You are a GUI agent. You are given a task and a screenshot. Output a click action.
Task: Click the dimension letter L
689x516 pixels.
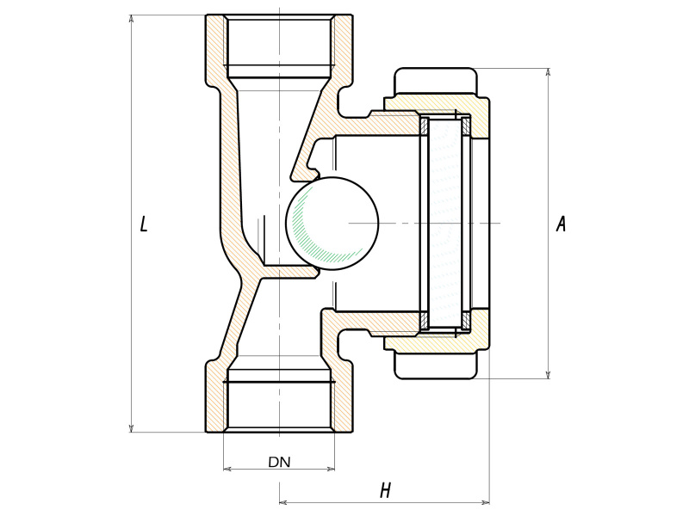click(144, 224)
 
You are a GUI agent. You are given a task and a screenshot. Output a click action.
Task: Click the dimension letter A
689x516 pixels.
click(561, 224)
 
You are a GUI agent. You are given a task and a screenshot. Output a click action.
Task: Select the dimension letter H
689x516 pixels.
click(385, 491)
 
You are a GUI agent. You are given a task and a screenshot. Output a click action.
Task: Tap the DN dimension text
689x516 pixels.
click(279, 462)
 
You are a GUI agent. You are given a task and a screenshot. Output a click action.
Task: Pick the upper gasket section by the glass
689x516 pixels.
click(424, 126)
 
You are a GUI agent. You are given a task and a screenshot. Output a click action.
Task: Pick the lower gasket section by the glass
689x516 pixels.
click(424, 321)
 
